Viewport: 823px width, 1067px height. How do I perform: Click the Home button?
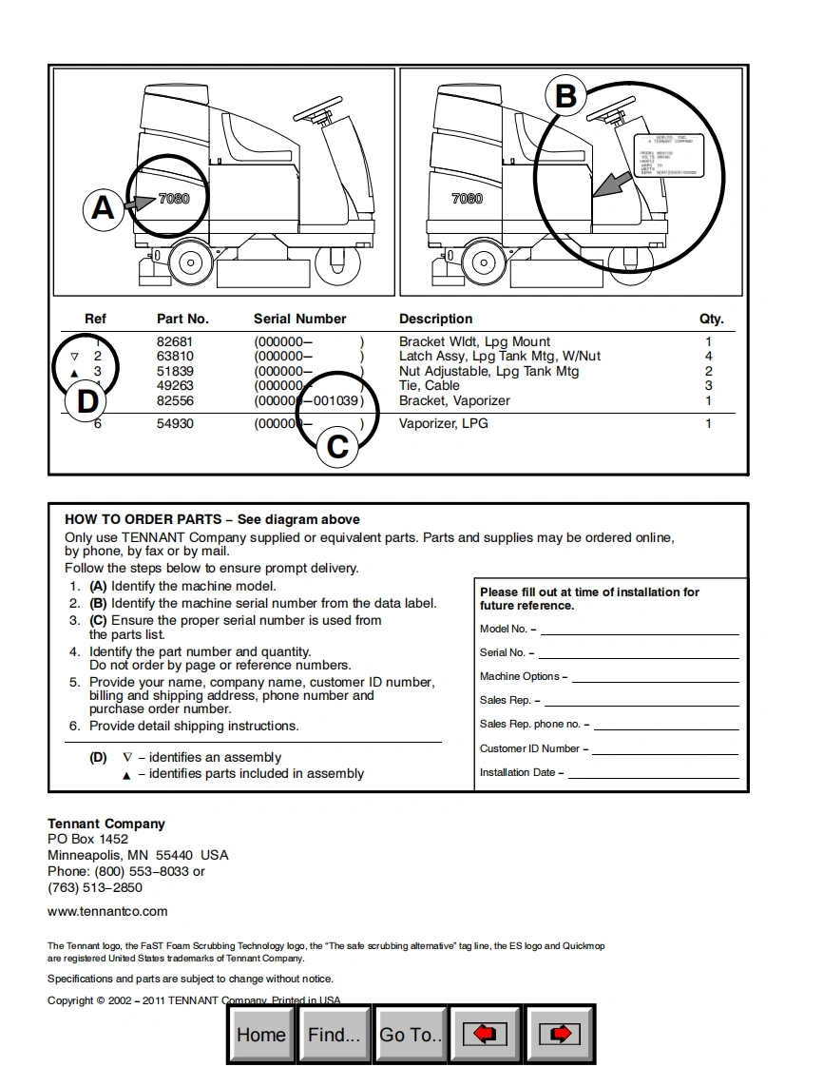click(x=261, y=1035)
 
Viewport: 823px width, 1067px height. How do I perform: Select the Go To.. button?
click(x=411, y=1035)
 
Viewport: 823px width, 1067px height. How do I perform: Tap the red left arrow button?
click(x=485, y=1035)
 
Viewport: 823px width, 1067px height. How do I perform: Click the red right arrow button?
click(x=561, y=1035)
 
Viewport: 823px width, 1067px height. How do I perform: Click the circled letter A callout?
click(x=103, y=206)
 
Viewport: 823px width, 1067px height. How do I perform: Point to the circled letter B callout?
click(x=565, y=96)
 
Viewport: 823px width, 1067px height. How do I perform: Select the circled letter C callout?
click(x=337, y=445)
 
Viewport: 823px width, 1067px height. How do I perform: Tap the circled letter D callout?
click(x=86, y=401)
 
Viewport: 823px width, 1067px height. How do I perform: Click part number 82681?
click(x=175, y=341)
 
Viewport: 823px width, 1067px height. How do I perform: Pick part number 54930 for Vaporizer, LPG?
click(x=175, y=423)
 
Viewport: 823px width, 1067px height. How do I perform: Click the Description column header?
click(x=435, y=319)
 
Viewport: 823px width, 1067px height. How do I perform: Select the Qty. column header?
click(x=711, y=319)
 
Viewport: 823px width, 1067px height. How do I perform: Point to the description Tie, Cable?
click(x=430, y=385)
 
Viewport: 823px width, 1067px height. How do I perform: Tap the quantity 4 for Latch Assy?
click(x=708, y=356)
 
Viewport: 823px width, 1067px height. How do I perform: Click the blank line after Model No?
click(x=639, y=630)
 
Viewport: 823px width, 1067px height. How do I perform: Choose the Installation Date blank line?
click(x=653, y=774)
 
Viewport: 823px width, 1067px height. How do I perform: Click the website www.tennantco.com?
click(x=107, y=911)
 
